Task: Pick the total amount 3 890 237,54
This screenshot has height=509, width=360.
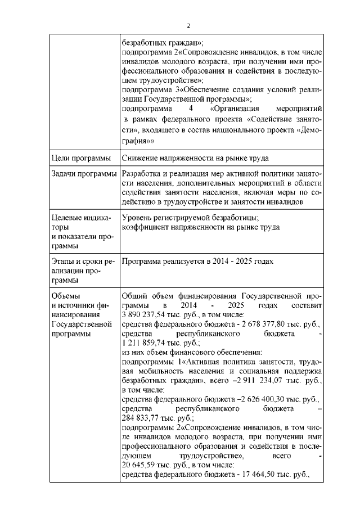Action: point(145,316)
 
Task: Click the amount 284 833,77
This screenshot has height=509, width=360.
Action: point(141,418)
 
